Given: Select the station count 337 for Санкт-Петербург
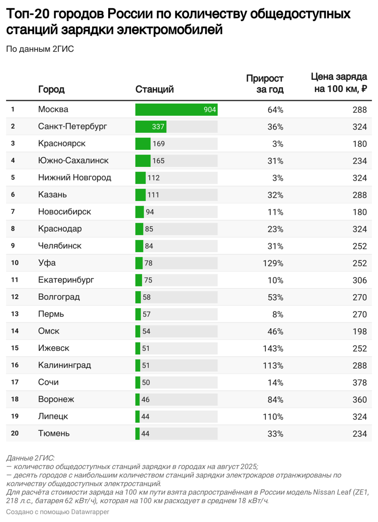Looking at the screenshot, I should coord(158,127).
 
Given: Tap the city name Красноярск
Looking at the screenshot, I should coord(62,144).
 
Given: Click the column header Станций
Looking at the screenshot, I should coord(154,90).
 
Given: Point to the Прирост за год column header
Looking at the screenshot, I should coord(265,84).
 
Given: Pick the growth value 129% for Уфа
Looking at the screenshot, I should coord(273,263).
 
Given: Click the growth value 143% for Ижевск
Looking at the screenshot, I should coord(273,348).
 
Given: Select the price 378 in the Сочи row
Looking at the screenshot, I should coord(359,383).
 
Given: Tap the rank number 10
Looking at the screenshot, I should coord(15,263).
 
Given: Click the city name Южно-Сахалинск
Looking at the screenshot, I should coord(73,161).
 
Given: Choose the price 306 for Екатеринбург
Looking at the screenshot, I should coord(359,280).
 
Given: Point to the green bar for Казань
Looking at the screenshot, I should coord(140,195).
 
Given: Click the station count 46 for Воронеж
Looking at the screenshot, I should coord(145,400).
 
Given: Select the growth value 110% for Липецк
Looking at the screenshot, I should coord(273,417).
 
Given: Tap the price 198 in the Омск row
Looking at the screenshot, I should coord(359,331).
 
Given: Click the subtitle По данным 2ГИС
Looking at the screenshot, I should coord(40,49).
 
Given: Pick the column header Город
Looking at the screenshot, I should coord(51,90).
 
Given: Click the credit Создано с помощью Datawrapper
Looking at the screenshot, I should coord(58,512).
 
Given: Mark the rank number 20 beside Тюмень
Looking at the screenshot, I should coord(15,433).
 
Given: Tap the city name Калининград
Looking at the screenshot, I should coord(64,365).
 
